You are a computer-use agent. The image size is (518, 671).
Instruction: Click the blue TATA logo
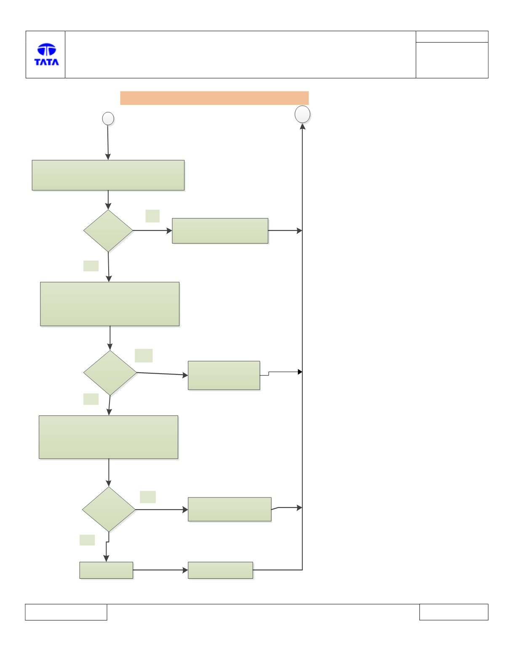tap(46, 54)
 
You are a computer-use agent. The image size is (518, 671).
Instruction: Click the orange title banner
tap(214, 98)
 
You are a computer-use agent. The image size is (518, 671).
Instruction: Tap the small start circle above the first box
tap(108, 119)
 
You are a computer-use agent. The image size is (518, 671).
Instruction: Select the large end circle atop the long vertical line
tap(302, 114)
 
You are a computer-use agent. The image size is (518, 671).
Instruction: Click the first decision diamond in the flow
tap(108, 231)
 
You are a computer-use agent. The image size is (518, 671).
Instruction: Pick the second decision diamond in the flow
tap(110, 373)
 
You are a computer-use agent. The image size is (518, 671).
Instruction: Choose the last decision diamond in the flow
tap(109, 509)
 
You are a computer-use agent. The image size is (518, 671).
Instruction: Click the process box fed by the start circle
tap(108, 175)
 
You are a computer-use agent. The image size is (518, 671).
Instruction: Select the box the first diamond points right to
tap(220, 231)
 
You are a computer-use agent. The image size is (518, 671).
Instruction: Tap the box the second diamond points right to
tap(224, 375)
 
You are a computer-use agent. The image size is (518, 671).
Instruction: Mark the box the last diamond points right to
tap(230, 509)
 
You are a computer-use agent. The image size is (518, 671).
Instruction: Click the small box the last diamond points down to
tap(106, 570)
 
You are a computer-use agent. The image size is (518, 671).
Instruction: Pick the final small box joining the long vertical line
tap(220, 570)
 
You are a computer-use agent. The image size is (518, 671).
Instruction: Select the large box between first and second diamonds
tap(109, 304)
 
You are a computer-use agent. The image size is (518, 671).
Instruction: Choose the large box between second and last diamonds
tap(108, 437)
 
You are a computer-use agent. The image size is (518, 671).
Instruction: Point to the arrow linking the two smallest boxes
tap(160, 570)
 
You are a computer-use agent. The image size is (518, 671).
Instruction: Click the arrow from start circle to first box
tap(108, 143)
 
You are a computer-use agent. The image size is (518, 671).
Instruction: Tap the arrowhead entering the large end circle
tap(302, 126)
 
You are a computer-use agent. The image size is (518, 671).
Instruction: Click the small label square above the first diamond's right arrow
tap(152, 216)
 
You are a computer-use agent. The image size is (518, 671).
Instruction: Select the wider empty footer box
tap(66, 612)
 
